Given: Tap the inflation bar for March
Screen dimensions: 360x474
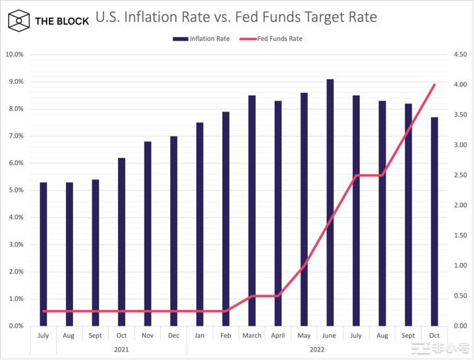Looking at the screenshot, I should click(252, 211).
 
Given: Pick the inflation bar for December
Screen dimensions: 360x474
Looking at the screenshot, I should click(173, 231).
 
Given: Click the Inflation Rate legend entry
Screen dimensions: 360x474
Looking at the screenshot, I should click(201, 39).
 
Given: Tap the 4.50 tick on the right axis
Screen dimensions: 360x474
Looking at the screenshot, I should click(459, 55).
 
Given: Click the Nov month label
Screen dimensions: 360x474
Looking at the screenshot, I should click(148, 336).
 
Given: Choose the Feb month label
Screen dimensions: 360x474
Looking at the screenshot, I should click(225, 336).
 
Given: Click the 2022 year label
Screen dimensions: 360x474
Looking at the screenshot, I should click(316, 349).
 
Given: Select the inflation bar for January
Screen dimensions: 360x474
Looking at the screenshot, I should click(200, 224).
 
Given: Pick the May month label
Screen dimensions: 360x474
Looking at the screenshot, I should click(304, 336).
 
